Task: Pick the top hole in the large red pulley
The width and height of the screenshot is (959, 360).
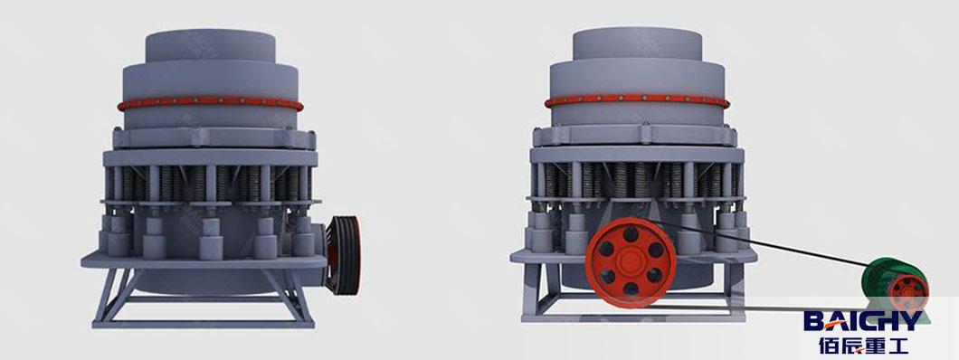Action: (631, 238)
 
